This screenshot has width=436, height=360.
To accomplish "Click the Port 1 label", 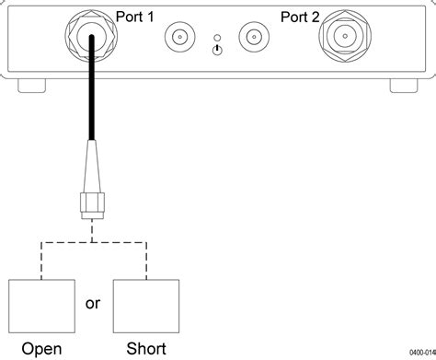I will point(135,16).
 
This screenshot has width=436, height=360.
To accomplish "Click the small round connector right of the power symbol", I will point(253,38).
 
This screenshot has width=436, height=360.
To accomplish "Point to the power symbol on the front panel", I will point(215,50).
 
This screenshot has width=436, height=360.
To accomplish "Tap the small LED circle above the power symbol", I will point(215,37).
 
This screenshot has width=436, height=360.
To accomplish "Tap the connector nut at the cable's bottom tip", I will point(91,207).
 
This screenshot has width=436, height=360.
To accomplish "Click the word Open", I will point(41,349).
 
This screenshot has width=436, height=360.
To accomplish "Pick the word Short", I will point(145,349).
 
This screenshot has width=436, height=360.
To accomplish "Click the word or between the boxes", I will point(93,303).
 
